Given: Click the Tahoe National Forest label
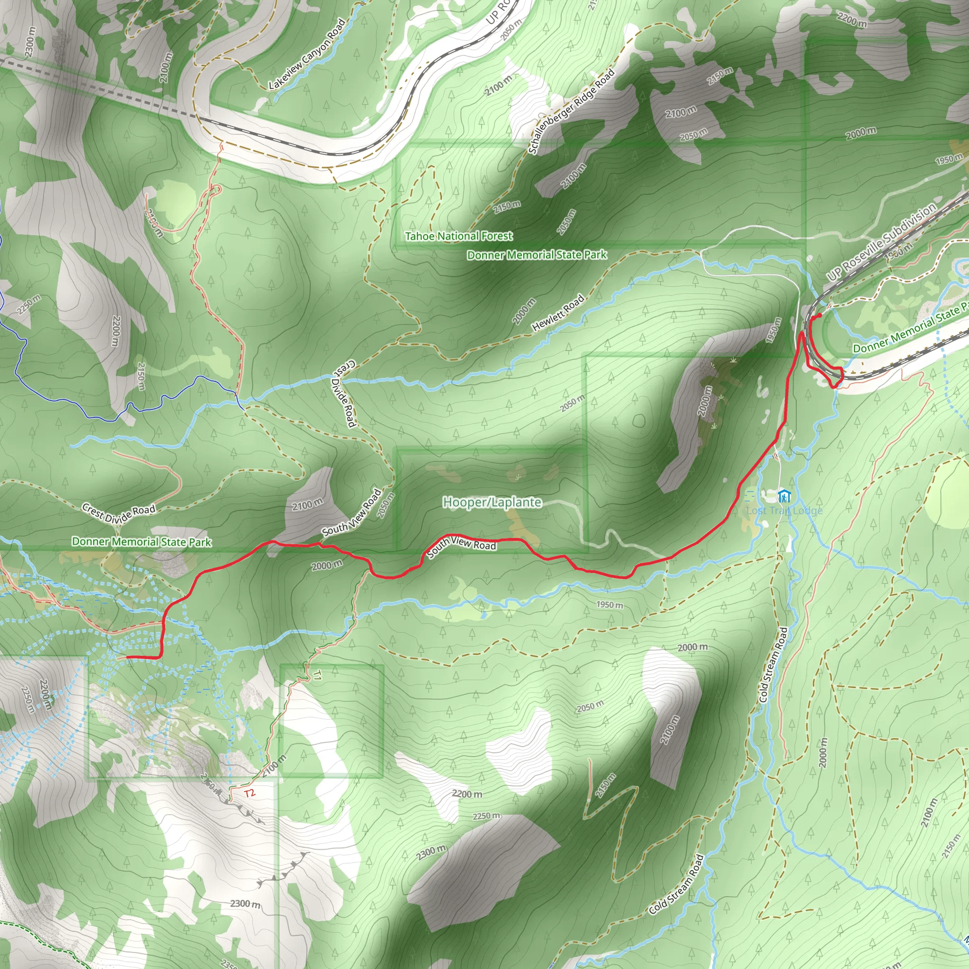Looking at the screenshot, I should pyautogui.click(x=458, y=236).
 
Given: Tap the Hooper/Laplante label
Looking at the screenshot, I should pyautogui.click(x=492, y=502).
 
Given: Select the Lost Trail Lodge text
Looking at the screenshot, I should pyautogui.click(x=784, y=511).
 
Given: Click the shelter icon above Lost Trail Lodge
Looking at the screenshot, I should pyautogui.click(x=784, y=496).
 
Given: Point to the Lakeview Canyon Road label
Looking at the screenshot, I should pyautogui.click(x=307, y=54).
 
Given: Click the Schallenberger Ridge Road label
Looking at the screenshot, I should pyautogui.click(x=571, y=111).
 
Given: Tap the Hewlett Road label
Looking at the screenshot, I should pyautogui.click(x=558, y=312).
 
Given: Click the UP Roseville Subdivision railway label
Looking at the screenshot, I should pyautogui.click(x=881, y=241).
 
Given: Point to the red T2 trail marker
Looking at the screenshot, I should pyautogui.click(x=250, y=793).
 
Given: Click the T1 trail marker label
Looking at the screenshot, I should pyautogui.click(x=317, y=675).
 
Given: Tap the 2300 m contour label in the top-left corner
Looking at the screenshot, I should pyautogui.click(x=30, y=41).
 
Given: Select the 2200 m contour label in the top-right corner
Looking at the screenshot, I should pyautogui.click(x=852, y=19).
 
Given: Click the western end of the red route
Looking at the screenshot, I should pyautogui.click(x=127, y=657).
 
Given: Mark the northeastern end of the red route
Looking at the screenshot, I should pyautogui.click(x=819, y=315).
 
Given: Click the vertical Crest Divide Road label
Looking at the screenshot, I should pyautogui.click(x=344, y=393).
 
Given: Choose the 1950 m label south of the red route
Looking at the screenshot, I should pyautogui.click(x=609, y=605).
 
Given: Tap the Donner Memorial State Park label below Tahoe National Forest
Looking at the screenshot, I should pyautogui.click(x=537, y=255).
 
